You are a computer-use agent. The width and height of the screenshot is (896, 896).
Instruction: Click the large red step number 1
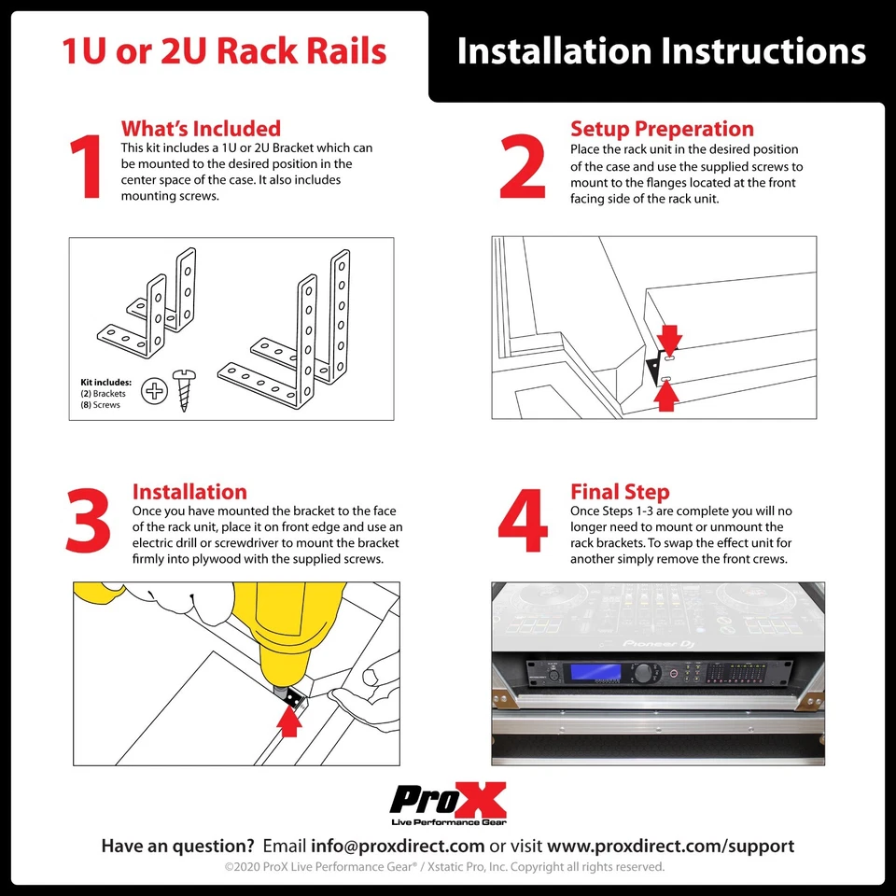[87, 169]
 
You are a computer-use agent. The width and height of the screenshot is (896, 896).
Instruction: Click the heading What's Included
[201, 129]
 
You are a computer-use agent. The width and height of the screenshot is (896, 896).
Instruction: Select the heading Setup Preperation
[662, 129]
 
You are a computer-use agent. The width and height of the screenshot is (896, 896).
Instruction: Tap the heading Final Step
[620, 492]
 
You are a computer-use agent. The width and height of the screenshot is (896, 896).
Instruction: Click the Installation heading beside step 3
[189, 492]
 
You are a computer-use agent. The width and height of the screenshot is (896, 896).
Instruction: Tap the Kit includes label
[105, 383]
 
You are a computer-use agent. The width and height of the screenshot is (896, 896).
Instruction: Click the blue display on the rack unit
[597, 672]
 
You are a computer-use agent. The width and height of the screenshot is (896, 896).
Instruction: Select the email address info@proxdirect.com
[398, 847]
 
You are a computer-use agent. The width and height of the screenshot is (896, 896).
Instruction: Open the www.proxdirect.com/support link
[670, 847]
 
